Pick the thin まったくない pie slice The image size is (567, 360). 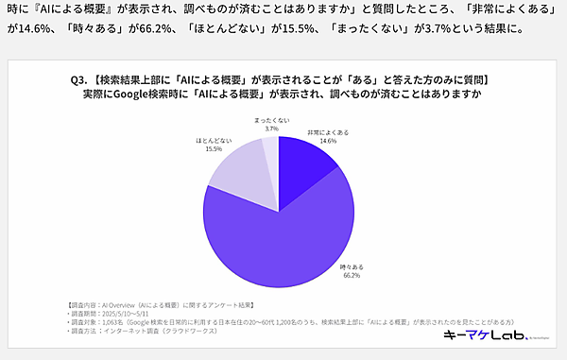(270, 151)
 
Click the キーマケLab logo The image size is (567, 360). (477, 336)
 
